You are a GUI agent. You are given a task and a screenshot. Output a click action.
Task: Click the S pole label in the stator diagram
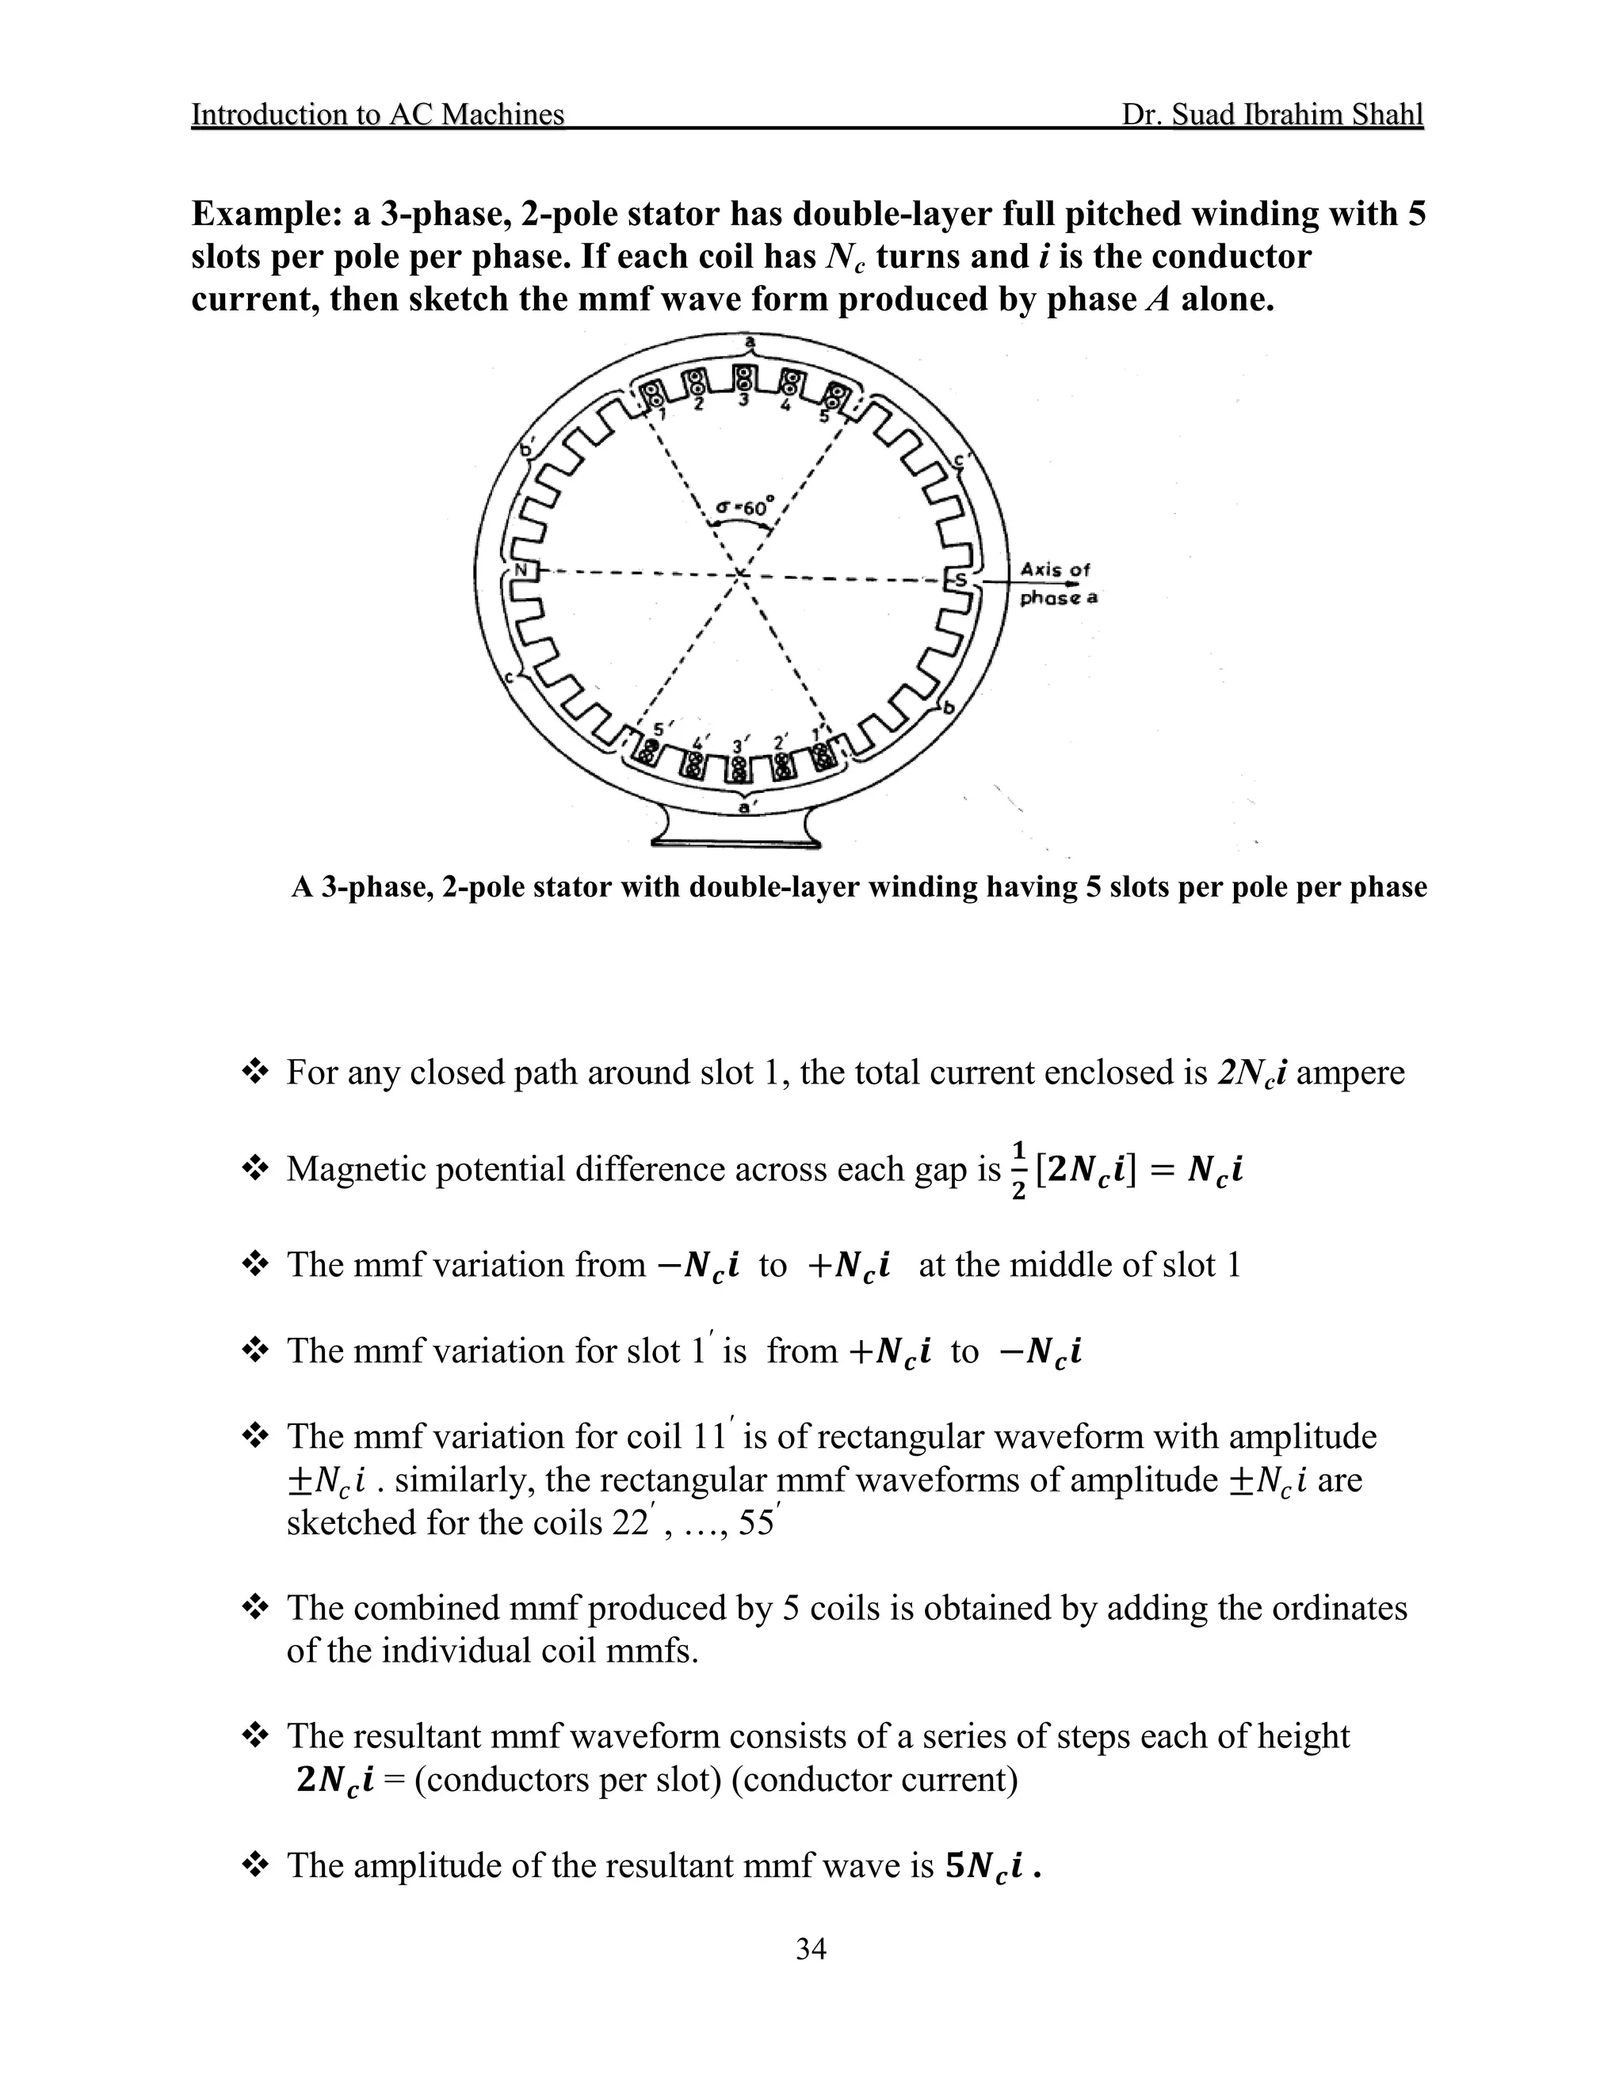pos(960,580)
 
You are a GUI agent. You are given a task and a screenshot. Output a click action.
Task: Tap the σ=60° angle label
pos(744,506)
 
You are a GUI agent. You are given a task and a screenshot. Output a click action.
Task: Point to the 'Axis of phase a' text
pos(1058,584)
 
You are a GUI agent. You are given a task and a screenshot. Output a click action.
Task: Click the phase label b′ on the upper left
pos(527,448)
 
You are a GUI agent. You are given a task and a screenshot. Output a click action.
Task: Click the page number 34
pos(811,1949)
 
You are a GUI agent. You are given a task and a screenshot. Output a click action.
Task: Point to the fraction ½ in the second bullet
pos(1018,1170)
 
